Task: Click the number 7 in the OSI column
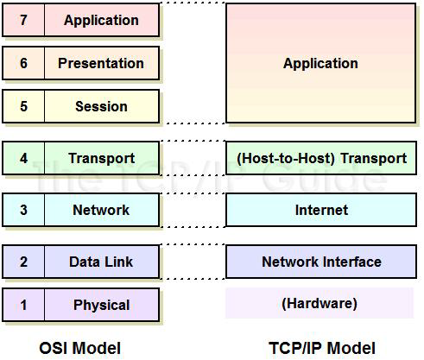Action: tap(23, 20)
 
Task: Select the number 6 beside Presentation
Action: tap(23, 63)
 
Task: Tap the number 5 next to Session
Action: tap(23, 106)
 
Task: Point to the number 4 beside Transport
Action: tap(23, 158)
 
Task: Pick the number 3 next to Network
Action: tap(23, 210)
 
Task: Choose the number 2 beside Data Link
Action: tap(23, 262)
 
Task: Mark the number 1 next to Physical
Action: tap(23, 305)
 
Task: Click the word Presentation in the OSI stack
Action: tap(101, 63)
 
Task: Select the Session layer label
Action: tap(101, 106)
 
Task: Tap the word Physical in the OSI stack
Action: tap(102, 306)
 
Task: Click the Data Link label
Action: tap(101, 262)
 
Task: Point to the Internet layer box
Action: tap(321, 210)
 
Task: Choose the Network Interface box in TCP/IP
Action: tap(321, 262)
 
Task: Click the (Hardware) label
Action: tap(320, 304)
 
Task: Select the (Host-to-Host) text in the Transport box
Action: tap(286, 159)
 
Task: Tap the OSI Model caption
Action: tap(80, 348)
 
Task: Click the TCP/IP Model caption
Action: tap(322, 348)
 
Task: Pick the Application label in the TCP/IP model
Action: tap(320, 64)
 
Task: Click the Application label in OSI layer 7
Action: tap(101, 21)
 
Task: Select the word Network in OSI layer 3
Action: tap(101, 210)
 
